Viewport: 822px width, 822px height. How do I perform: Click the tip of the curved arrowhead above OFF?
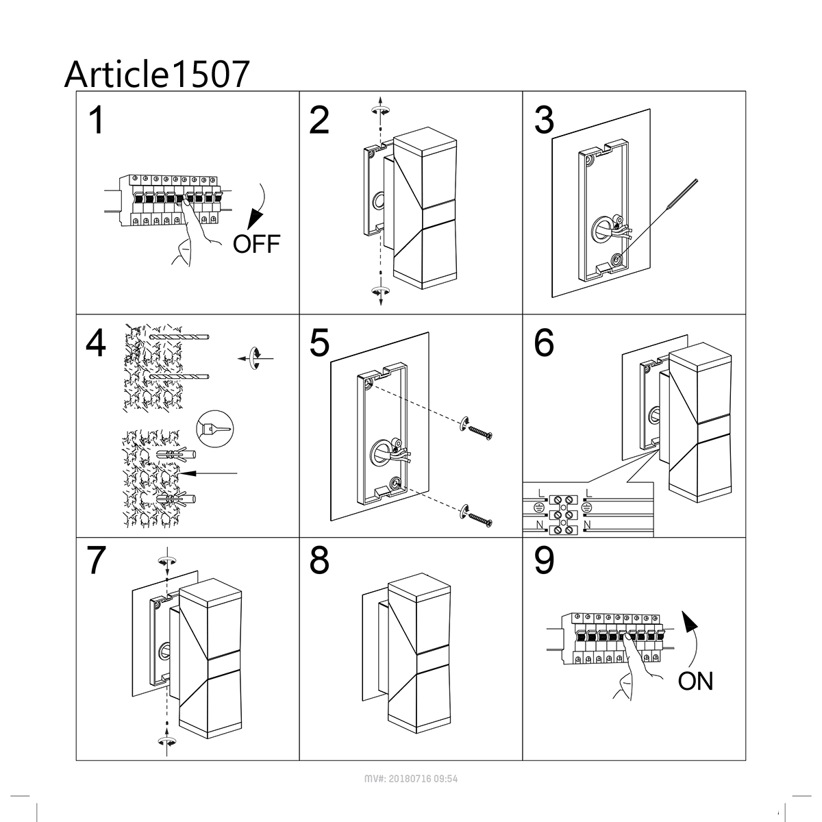coord(248,229)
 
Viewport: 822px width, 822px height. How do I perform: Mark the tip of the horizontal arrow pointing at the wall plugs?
coord(180,473)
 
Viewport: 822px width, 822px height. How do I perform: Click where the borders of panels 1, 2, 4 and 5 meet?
coord(299,314)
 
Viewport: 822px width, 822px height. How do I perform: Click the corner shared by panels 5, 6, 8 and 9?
coord(523,538)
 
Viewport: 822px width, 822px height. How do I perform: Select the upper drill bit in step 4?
coord(179,337)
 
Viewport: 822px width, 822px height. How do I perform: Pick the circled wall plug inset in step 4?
coord(215,428)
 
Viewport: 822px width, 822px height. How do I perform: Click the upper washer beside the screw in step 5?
coord(464,425)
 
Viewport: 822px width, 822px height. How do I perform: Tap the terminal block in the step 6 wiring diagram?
coord(563,515)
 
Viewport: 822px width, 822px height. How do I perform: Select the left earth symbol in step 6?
coord(539,508)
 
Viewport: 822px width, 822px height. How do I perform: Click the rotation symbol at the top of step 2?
coord(380,111)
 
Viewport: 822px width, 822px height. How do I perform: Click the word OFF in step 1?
coord(256,244)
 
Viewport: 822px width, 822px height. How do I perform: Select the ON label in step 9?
coord(695,681)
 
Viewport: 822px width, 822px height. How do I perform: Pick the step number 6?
coord(544,343)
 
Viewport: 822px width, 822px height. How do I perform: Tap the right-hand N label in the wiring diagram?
coord(587,525)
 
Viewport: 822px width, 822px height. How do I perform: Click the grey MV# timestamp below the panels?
coord(411,779)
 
